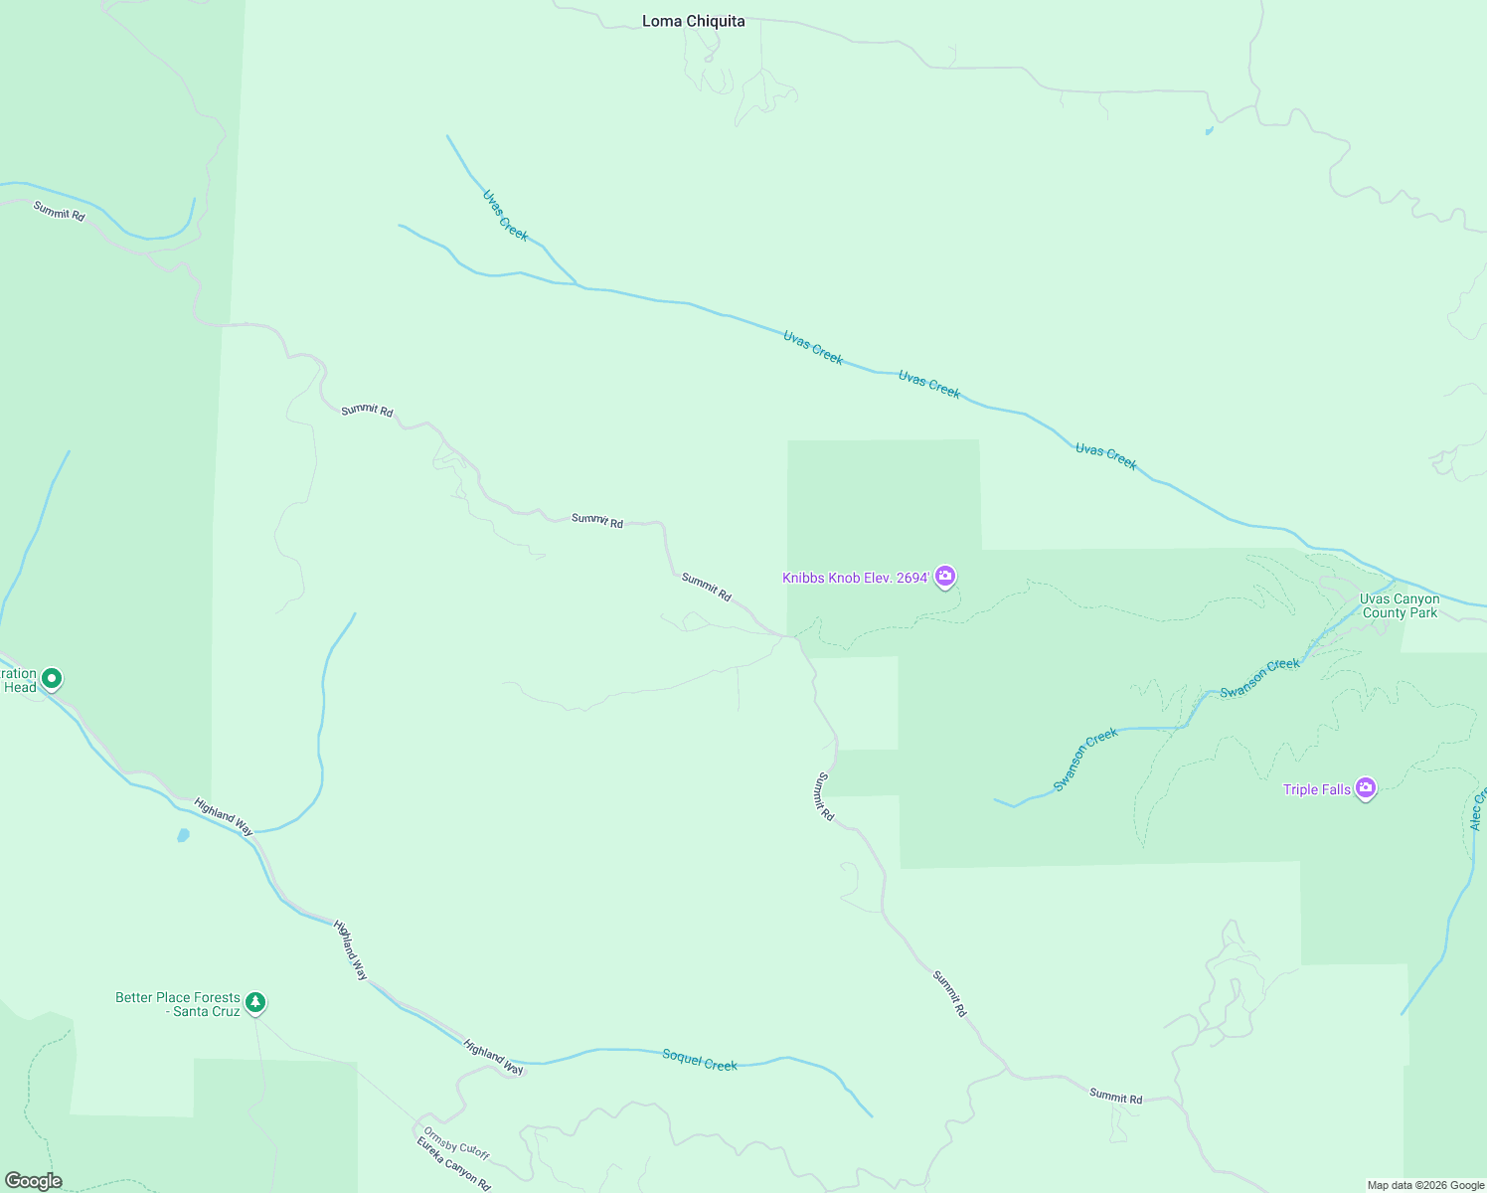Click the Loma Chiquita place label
[693, 21]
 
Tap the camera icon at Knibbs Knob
[945, 576]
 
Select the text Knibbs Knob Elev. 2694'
[856, 578]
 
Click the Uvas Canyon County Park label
[1400, 605]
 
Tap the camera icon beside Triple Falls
[1366, 788]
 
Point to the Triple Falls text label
[1317, 789]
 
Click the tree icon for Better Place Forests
[255, 1002]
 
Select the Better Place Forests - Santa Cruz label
[178, 1004]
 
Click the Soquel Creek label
[700, 1060]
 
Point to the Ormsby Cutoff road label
[456, 1142]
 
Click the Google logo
[33, 1181]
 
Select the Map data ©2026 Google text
[1425, 1185]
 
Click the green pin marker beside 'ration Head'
[52, 679]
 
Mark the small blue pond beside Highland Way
[183, 835]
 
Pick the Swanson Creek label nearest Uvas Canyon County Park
[1259, 678]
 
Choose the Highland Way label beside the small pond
[224, 816]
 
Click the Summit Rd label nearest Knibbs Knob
[707, 587]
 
